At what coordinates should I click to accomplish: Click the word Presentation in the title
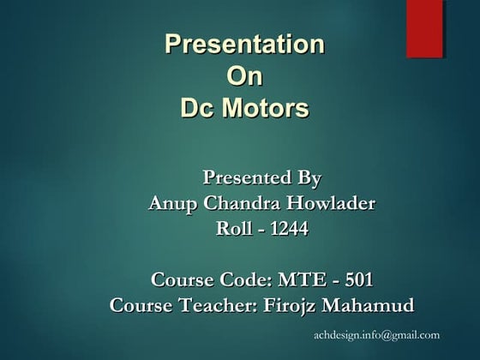pos(244,44)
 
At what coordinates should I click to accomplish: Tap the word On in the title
pos(243,76)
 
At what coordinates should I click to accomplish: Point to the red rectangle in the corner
pos(424,28)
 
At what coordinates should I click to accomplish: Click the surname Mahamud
pos(368,305)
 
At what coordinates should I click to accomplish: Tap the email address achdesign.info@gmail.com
pos(376,334)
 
